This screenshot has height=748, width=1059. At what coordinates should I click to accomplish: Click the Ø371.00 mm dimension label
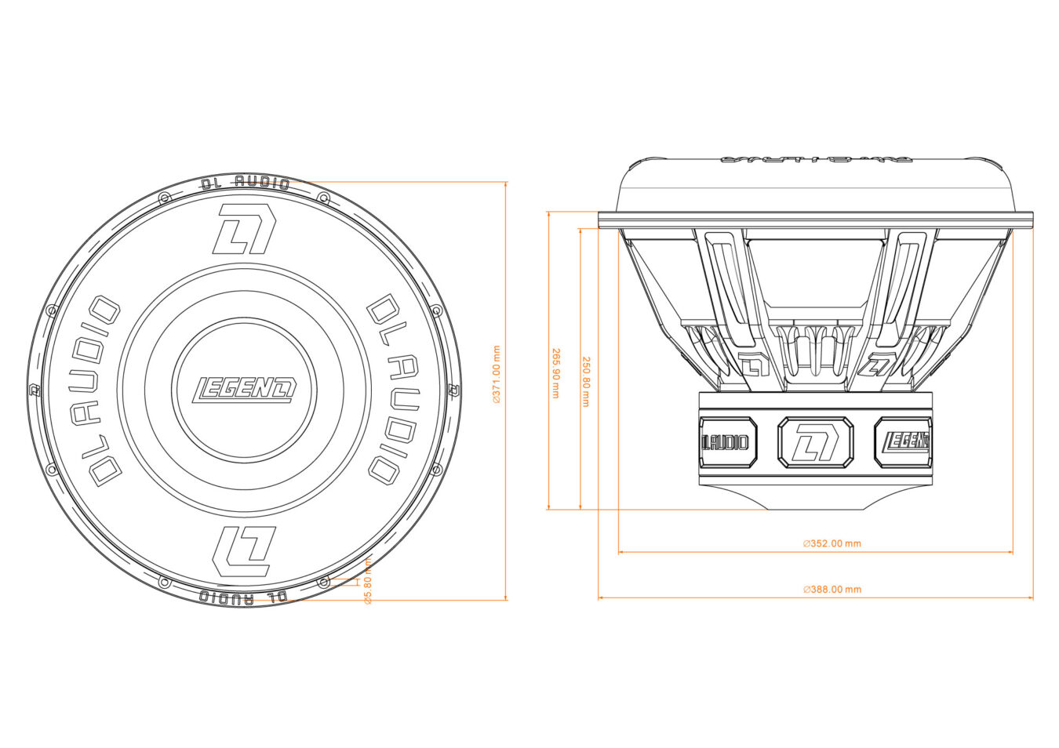[496, 374]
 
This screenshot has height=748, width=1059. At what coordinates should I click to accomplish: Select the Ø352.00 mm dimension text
[832, 543]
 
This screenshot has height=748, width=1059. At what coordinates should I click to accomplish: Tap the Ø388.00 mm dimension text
[832, 589]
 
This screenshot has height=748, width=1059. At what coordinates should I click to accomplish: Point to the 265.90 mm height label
[555, 373]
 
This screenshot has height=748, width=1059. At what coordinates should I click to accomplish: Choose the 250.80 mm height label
[586, 381]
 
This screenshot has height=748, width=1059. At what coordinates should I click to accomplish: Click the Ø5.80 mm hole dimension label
[368, 581]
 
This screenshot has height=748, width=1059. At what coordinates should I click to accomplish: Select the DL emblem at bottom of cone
[245, 549]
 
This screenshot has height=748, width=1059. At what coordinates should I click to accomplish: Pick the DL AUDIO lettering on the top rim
[246, 183]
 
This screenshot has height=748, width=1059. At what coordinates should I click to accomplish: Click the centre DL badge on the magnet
[815, 444]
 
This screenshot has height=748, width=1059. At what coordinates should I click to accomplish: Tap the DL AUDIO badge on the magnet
[726, 443]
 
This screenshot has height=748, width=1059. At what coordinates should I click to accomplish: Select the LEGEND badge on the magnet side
[904, 443]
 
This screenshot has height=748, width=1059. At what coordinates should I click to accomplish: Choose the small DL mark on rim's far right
[453, 388]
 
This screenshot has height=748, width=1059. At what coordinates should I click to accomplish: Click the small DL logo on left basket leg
[753, 363]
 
